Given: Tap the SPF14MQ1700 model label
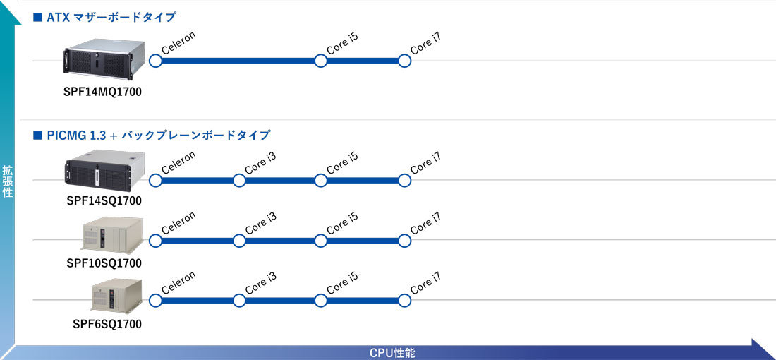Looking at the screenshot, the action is (102, 92).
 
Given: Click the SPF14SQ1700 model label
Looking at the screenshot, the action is (104, 201).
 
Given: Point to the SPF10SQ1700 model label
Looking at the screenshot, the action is (104, 263).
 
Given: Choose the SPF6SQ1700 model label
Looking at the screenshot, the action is (107, 324).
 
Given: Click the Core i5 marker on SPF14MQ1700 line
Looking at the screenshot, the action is (321, 61).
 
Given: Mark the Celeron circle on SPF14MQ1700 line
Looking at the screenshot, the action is (155, 61).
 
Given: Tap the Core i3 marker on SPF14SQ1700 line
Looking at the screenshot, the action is (239, 181).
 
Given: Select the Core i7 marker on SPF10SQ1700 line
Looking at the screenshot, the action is (404, 241).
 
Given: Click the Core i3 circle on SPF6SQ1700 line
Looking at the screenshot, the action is (239, 301).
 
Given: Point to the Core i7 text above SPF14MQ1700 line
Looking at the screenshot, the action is (425, 43).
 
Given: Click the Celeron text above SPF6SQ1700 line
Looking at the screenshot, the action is (178, 283).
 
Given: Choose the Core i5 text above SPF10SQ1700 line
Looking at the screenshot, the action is (342, 223).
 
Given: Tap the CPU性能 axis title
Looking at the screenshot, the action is (392, 353).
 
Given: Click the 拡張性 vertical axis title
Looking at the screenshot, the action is (8, 181).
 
